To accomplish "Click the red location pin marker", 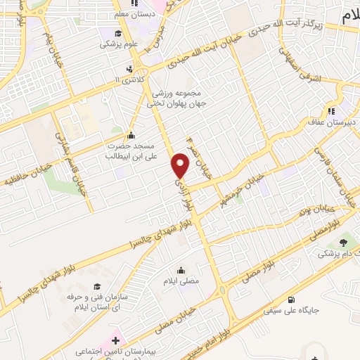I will [181, 165].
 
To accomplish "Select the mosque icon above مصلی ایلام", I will [182, 269].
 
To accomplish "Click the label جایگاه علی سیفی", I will [292, 309].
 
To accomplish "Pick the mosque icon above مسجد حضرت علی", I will [131, 136].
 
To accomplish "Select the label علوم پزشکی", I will [117, 44].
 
